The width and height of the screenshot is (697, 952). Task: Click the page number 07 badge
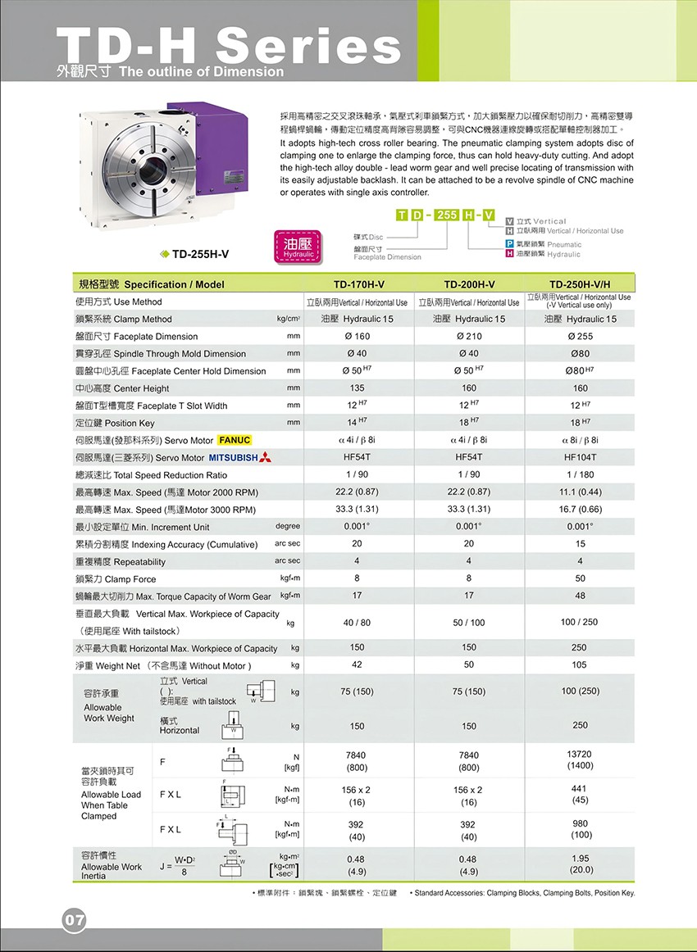(73, 920)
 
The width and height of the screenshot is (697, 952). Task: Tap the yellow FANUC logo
(235, 440)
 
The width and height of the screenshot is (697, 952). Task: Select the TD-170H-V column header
(358, 284)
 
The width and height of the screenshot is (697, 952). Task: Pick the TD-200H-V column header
(469, 284)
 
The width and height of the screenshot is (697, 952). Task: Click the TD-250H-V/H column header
(580, 284)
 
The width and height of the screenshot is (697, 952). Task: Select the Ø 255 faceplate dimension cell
(580, 337)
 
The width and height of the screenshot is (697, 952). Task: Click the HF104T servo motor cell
(580, 457)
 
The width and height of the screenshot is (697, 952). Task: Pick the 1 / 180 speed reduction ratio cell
(580, 474)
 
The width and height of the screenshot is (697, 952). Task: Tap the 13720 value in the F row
(580, 754)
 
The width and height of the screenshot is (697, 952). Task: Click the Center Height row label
(122, 388)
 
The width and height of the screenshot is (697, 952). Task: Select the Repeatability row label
(120, 562)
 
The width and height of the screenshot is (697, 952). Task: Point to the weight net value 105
(580, 665)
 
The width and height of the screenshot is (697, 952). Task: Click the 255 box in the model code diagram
(447, 215)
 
